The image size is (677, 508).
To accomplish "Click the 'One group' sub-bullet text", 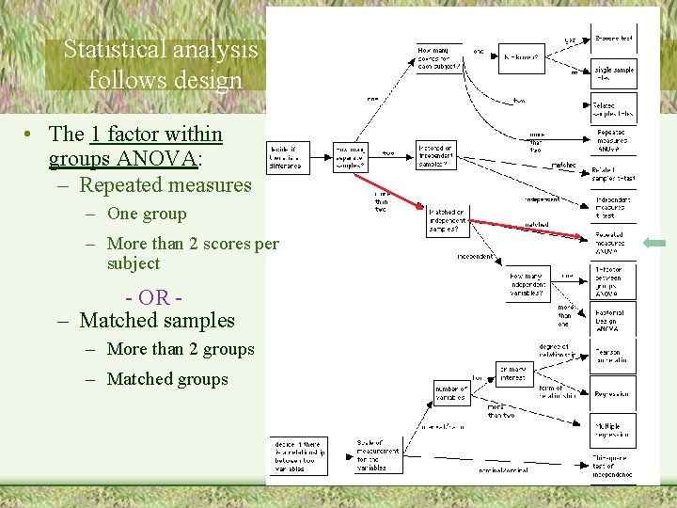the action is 147,214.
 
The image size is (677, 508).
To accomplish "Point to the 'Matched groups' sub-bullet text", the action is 167,379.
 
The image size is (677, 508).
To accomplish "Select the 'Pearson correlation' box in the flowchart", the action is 613,356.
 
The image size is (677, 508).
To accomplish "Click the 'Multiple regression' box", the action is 613,432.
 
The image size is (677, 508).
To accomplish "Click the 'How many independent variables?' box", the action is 529,279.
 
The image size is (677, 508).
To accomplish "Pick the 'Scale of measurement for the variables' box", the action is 376,453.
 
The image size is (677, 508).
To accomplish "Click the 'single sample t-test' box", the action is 613,73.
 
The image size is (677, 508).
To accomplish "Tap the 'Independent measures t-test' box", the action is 613,207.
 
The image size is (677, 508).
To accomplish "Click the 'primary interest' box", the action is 514,373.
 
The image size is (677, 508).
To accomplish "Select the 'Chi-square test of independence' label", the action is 613,465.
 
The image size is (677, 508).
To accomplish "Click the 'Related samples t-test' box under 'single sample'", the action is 613,107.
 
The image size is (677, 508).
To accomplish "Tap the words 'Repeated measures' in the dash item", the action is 165,185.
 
